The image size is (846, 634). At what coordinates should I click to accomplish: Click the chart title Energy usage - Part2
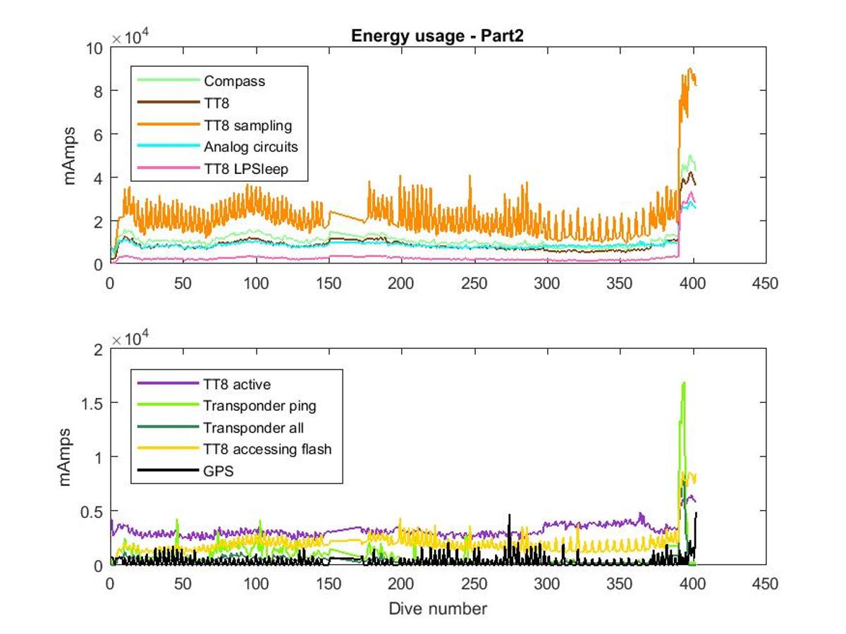pyautogui.click(x=437, y=37)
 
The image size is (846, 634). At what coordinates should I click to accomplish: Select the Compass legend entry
pyautogui.click(x=234, y=81)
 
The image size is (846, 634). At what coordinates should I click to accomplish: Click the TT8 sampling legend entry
pyautogui.click(x=247, y=125)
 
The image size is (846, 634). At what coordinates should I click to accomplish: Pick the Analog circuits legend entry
pyautogui.click(x=251, y=147)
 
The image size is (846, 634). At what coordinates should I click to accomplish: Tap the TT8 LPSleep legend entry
pyautogui.click(x=246, y=169)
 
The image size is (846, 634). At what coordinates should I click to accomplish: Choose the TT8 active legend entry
pyautogui.click(x=237, y=384)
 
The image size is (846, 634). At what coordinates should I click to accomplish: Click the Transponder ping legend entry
pyautogui.click(x=259, y=406)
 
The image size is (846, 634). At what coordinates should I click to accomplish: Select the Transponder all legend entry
pyautogui.click(x=253, y=428)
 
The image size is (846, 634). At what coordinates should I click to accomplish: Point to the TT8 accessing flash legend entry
pyautogui.click(x=266, y=449)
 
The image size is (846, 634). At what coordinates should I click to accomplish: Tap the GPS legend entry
pyautogui.click(x=218, y=471)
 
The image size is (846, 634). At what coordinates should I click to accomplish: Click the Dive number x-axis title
pyautogui.click(x=437, y=608)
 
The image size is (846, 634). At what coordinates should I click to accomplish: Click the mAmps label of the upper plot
pyautogui.click(x=70, y=156)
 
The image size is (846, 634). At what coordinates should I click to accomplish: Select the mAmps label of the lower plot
pyautogui.click(x=66, y=456)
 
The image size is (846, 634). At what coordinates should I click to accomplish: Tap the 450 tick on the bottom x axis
pyautogui.click(x=766, y=585)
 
